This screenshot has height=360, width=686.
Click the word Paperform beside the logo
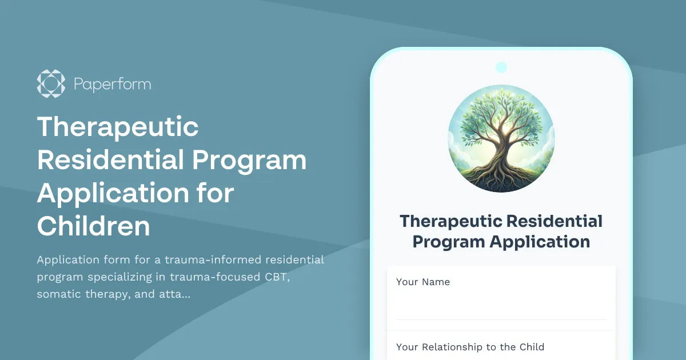pyautogui.click(x=112, y=85)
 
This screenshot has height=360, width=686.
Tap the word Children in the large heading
pyautogui.click(x=93, y=226)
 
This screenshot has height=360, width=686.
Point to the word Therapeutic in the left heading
pyautogui.click(x=118, y=127)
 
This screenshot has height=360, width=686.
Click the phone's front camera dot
pyautogui.click(x=501, y=67)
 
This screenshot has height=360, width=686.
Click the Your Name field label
pyautogui.click(x=423, y=282)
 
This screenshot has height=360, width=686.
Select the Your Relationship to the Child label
pyautogui.click(x=470, y=347)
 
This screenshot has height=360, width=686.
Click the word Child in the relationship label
pyautogui.click(x=532, y=347)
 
